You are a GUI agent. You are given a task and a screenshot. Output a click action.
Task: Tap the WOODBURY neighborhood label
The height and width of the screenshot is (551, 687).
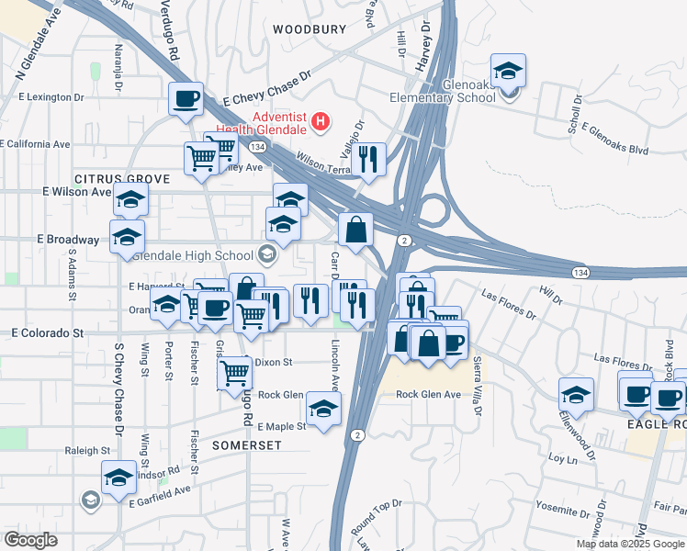pyautogui.click(x=310, y=29)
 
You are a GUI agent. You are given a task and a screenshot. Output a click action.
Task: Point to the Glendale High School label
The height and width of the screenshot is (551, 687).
pyautogui.click(x=198, y=255)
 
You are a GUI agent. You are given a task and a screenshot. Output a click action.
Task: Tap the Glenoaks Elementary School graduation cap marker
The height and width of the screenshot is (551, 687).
pyautogui.click(x=508, y=71)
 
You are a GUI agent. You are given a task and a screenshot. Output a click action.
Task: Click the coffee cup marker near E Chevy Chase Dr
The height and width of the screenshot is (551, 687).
pyautogui.click(x=186, y=98)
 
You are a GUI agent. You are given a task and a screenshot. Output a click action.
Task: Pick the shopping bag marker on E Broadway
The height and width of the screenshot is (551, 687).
pyautogui.click(x=355, y=229)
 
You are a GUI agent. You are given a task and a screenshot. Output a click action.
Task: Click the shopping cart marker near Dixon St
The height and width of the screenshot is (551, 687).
pyautogui.click(x=234, y=372)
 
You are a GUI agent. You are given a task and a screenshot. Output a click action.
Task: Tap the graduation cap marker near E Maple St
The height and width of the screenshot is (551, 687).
pyautogui.click(x=323, y=409)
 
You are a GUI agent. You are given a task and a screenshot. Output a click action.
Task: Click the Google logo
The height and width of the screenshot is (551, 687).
pyautogui.click(x=30, y=540)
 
